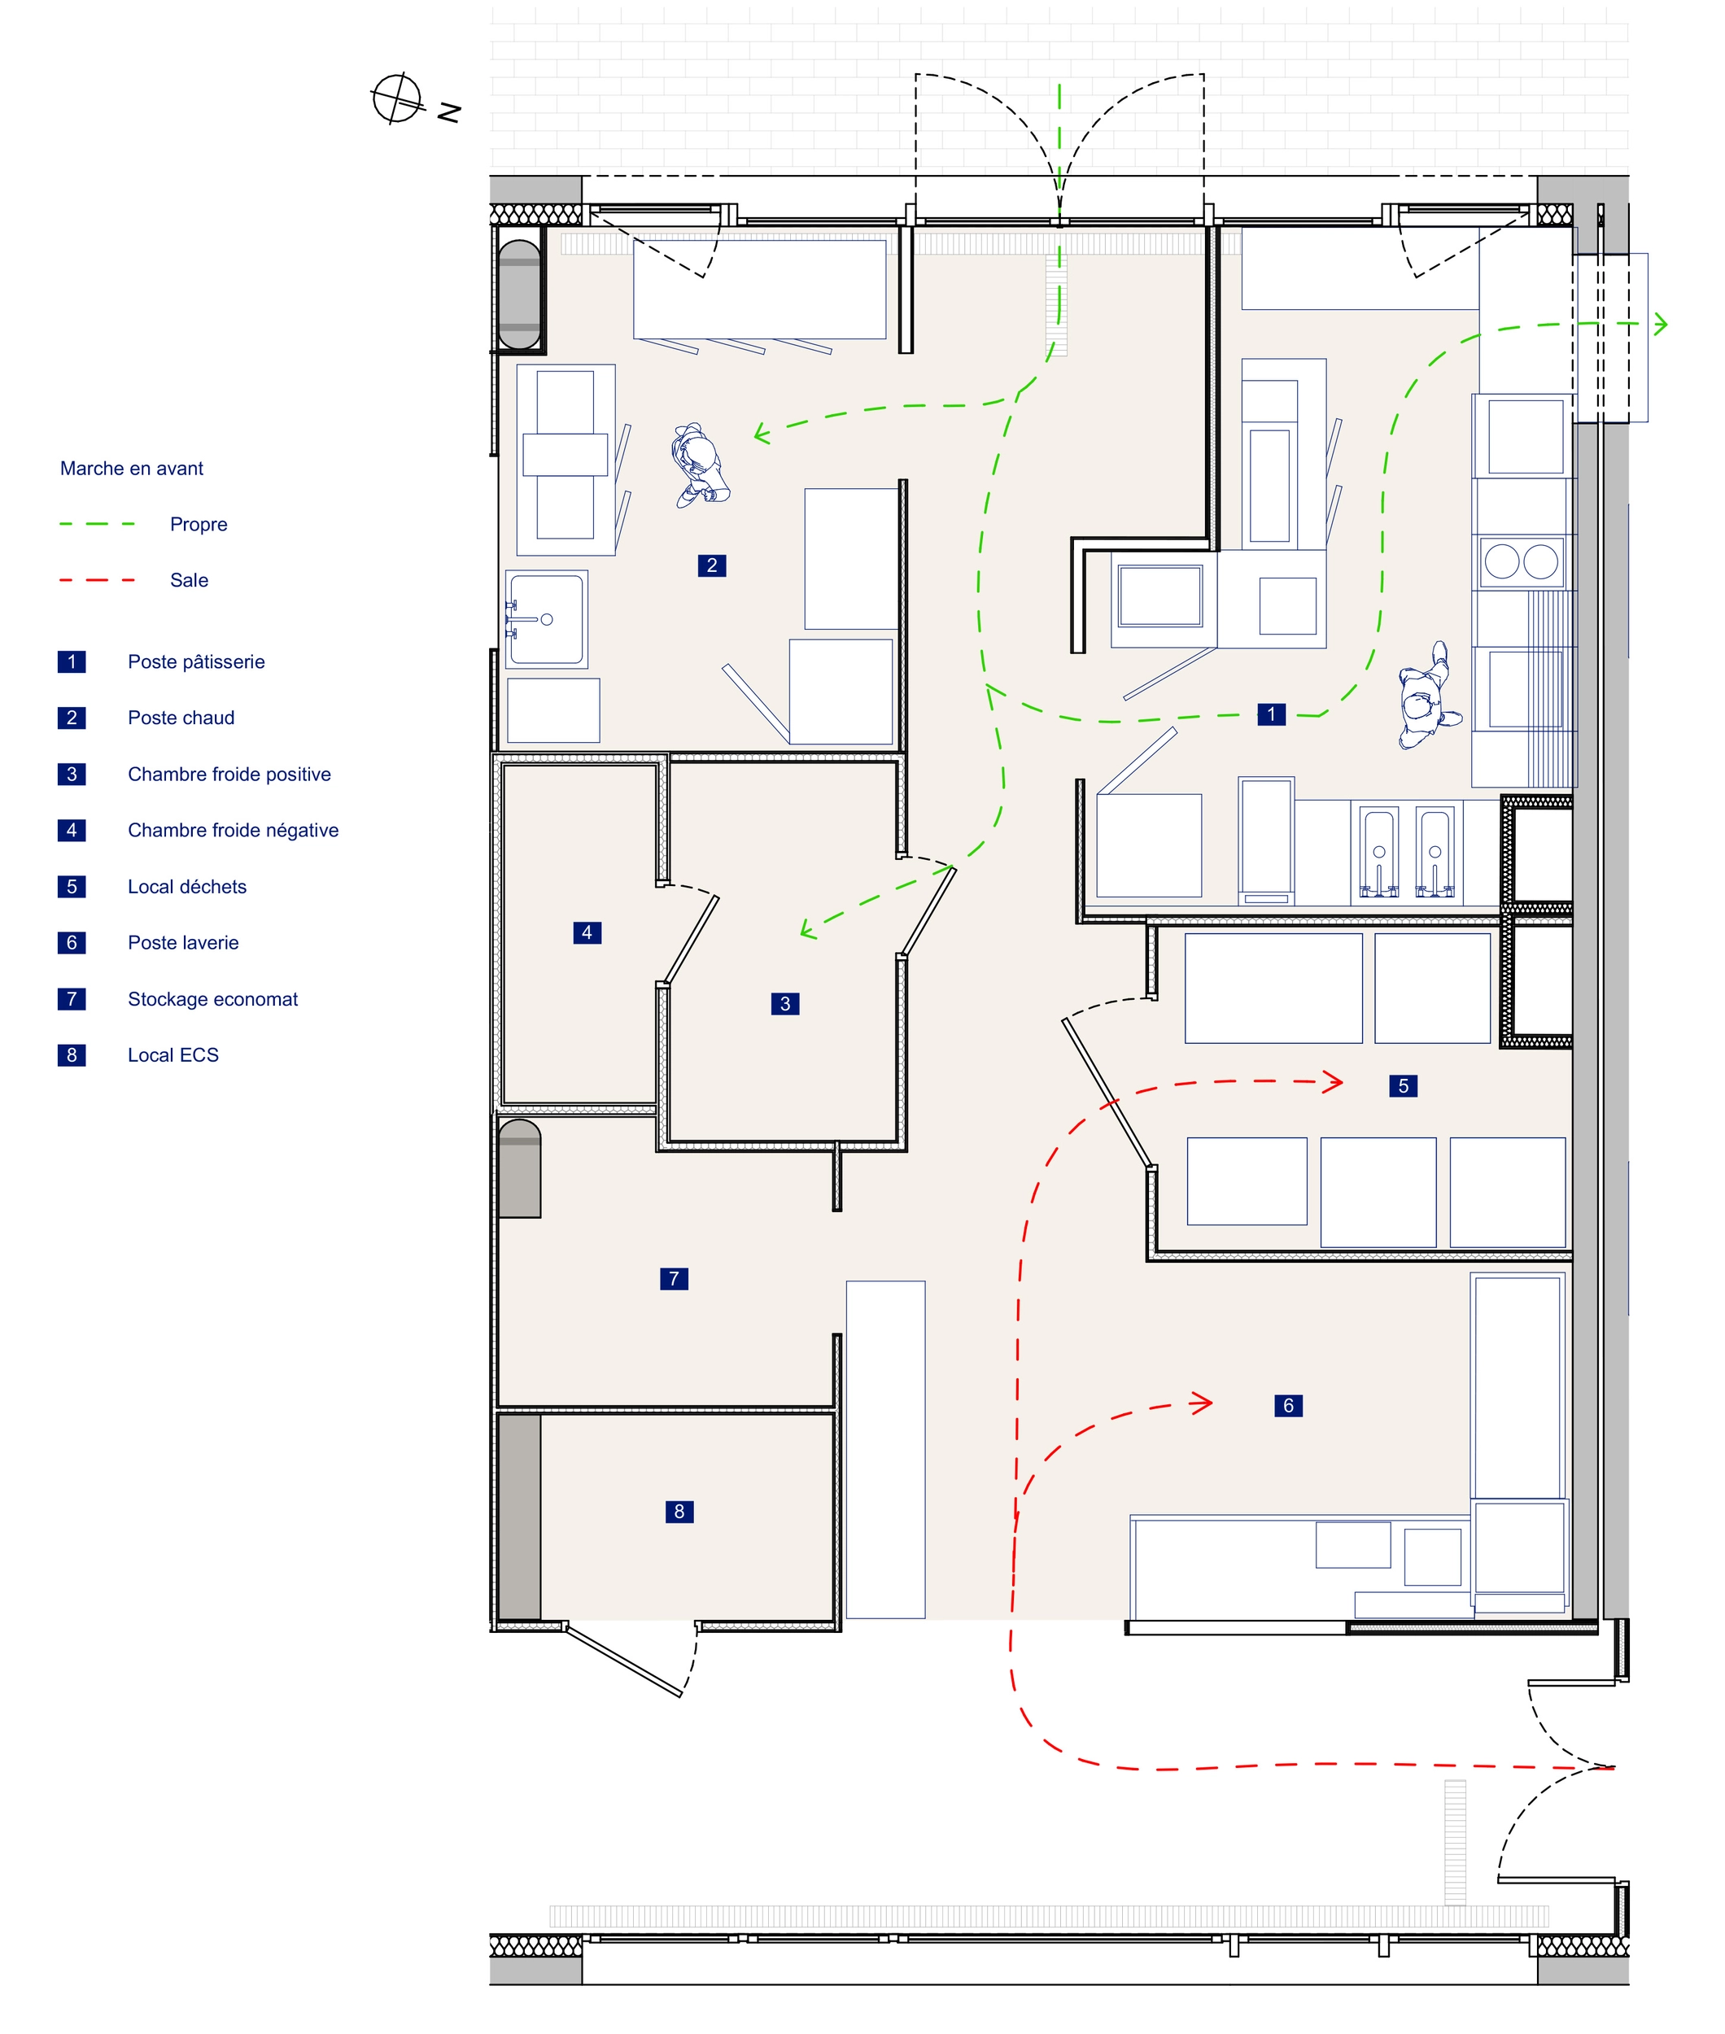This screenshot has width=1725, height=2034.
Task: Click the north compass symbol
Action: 397,98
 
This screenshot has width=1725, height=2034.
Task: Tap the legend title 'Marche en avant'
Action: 132,469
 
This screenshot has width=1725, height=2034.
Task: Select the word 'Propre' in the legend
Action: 199,524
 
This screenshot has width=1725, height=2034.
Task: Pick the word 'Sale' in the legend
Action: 189,580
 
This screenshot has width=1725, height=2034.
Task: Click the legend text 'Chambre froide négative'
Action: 233,830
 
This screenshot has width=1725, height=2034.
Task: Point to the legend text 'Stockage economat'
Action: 212,998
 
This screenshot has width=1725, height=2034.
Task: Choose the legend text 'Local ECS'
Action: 173,1054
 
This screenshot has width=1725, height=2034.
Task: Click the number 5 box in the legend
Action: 72,886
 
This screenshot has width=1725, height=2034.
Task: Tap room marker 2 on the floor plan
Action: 712,565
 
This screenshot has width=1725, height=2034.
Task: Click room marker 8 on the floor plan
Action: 679,1511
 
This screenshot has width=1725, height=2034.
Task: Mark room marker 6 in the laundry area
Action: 1288,1405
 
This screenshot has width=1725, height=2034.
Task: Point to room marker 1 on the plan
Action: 1271,714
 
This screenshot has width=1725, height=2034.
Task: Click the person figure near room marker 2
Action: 699,465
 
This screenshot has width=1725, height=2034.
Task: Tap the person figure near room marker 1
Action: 1428,696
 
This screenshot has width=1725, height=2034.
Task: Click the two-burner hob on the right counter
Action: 1522,562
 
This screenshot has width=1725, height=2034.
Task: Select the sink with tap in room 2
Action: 546,619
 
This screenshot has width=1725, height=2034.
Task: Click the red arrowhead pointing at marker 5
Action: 1333,1081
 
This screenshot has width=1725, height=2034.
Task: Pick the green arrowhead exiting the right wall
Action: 1659,324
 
